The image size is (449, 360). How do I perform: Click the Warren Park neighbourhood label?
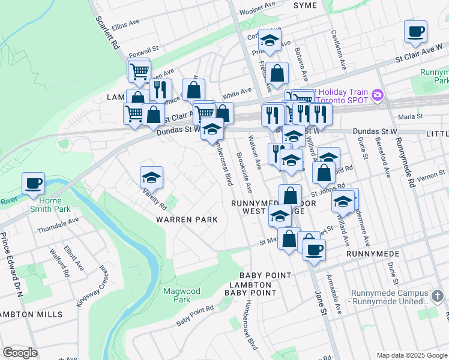click(187, 220)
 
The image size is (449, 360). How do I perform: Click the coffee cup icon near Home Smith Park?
click(33, 182)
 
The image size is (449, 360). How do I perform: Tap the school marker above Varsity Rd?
click(152, 177)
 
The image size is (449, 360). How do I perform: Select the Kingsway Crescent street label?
click(88, 287)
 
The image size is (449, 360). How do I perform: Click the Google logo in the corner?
click(20, 353)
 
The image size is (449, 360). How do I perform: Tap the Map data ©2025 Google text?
click(411, 355)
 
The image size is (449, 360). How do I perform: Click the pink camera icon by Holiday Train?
click(377, 94)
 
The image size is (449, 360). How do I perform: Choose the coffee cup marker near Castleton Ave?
click(415, 31)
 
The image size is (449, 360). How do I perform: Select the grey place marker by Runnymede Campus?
click(438, 296)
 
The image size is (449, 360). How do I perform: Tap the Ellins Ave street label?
click(125, 25)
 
